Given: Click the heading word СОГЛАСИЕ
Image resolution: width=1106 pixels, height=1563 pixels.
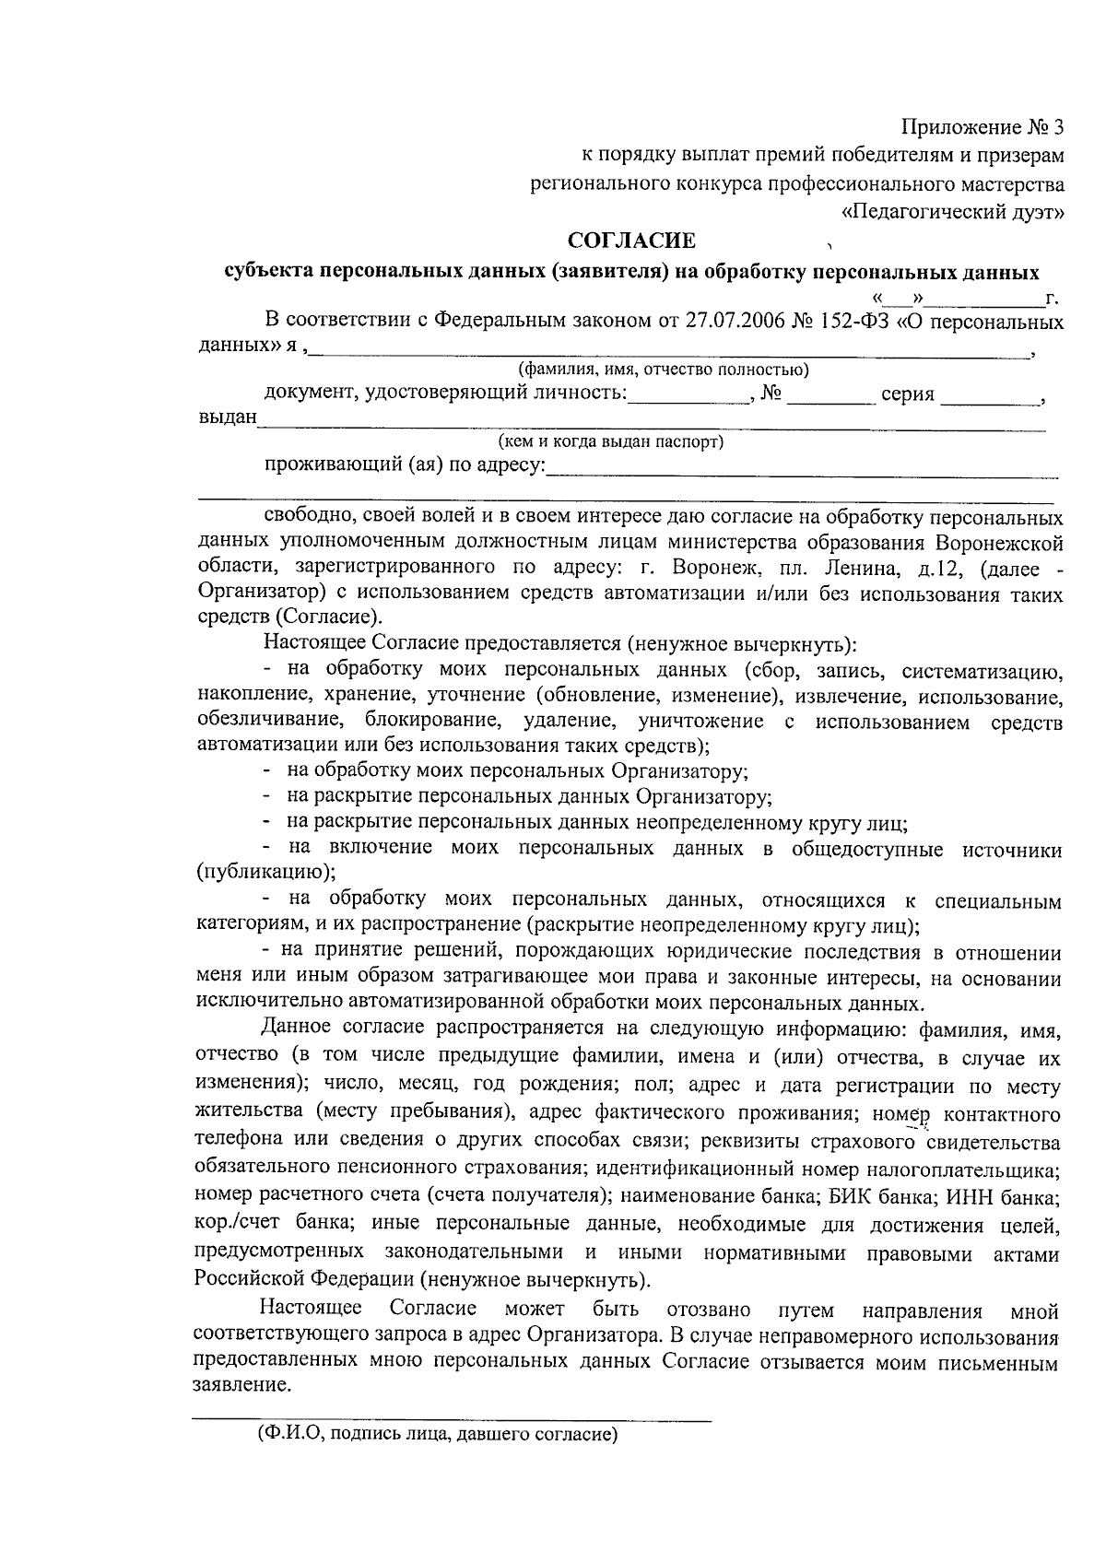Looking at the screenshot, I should (x=631, y=242).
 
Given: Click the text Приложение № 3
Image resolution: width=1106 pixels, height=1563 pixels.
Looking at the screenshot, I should (x=982, y=127).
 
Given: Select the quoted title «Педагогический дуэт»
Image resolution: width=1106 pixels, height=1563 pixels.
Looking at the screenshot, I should (x=954, y=212).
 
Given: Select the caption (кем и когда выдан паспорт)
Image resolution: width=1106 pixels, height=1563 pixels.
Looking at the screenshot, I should (x=611, y=442).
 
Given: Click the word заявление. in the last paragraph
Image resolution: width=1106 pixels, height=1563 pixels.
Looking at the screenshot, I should (x=242, y=1386).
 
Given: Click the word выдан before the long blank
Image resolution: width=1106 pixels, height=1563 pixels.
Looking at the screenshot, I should (x=227, y=419).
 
